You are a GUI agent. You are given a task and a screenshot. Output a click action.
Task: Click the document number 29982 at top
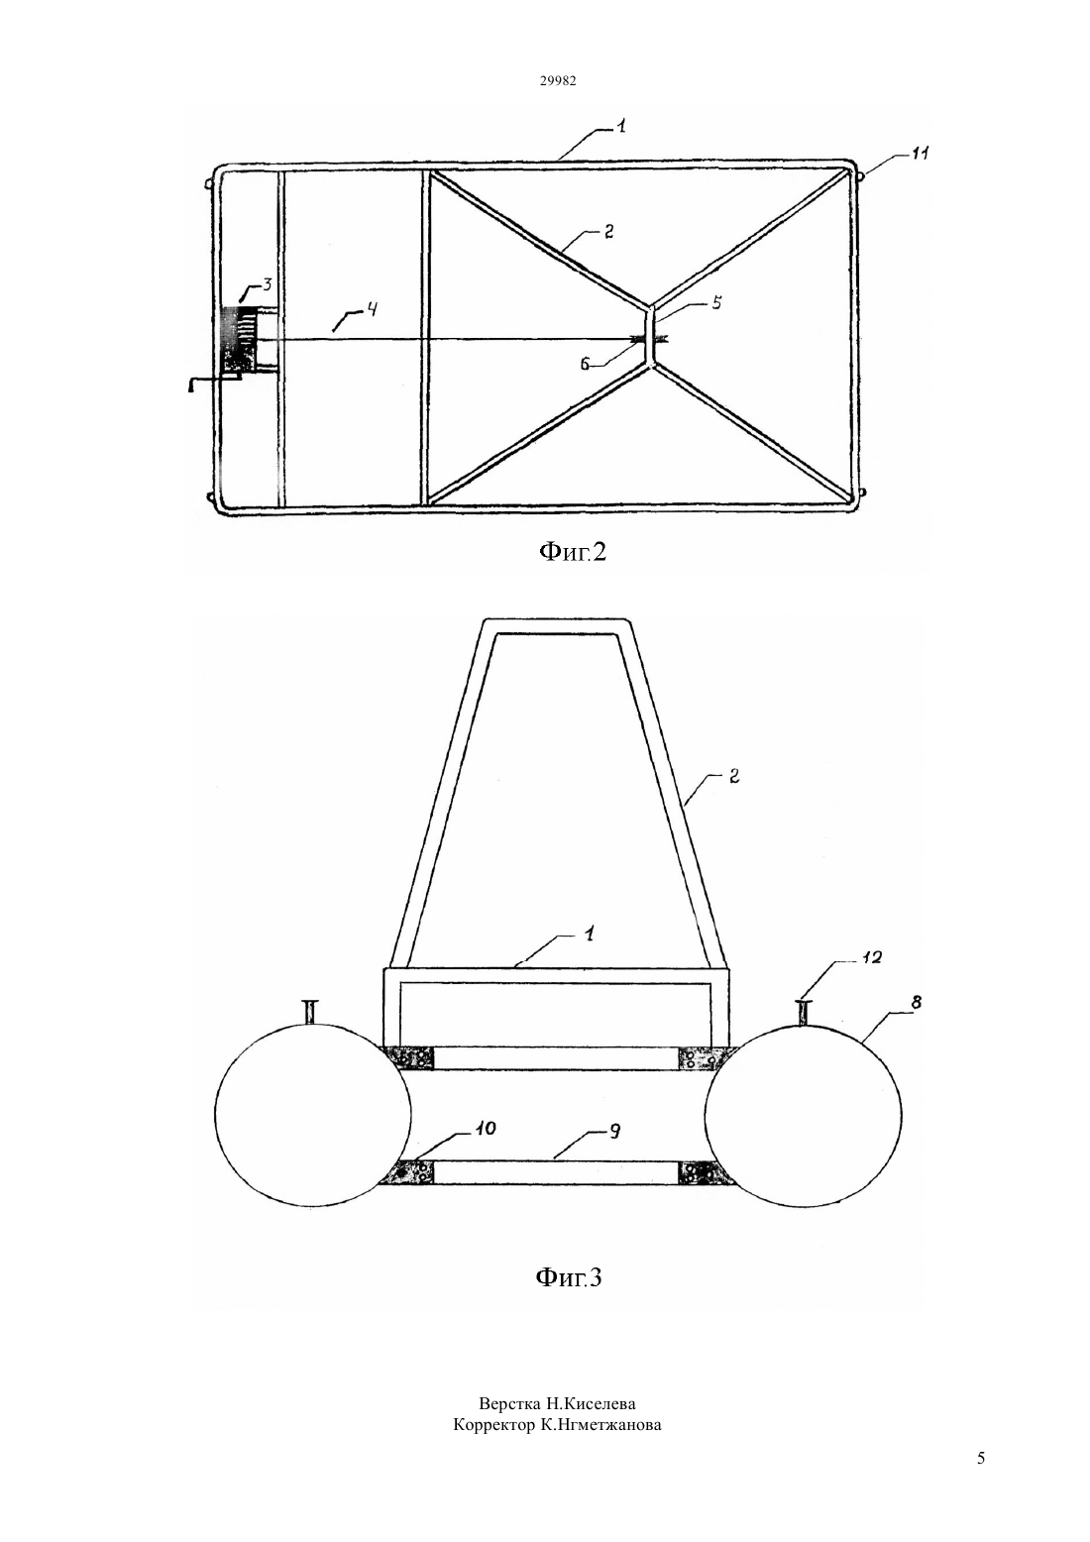[x=558, y=80]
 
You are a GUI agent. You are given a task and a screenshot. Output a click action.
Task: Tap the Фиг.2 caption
[x=572, y=551]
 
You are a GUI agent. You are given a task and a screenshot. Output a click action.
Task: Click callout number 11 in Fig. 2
[x=920, y=155]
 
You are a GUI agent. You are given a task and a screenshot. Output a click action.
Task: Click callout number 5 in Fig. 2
[x=716, y=302]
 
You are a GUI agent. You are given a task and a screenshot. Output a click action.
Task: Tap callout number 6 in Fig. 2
[x=585, y=365]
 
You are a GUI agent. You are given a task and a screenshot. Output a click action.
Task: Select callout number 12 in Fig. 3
[x=871, y=957]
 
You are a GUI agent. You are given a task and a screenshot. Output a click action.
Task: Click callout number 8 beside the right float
[x=916, y=1002]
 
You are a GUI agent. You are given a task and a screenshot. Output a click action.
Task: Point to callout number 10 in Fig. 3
[x=487, y=1129]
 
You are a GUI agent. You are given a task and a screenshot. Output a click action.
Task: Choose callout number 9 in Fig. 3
[x=615, y=1131]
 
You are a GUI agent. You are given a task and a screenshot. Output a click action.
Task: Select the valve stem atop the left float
[x=311, y=1011]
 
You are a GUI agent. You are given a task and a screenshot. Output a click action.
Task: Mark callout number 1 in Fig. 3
[x=589, y=935]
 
